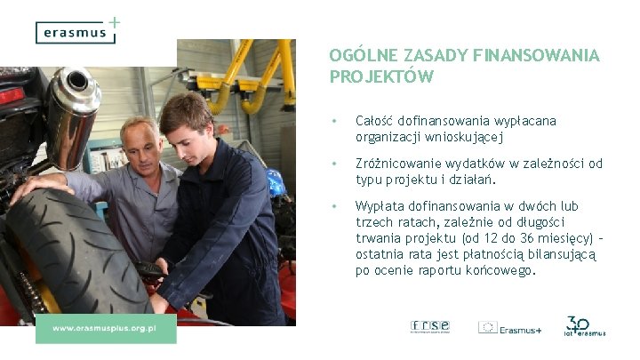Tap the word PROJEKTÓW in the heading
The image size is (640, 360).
point(381,76)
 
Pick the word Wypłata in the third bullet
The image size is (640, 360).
point(380,206)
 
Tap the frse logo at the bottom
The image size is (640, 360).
point(430,326)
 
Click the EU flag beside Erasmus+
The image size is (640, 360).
point(488,327)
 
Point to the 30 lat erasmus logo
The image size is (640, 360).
point(584,326)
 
